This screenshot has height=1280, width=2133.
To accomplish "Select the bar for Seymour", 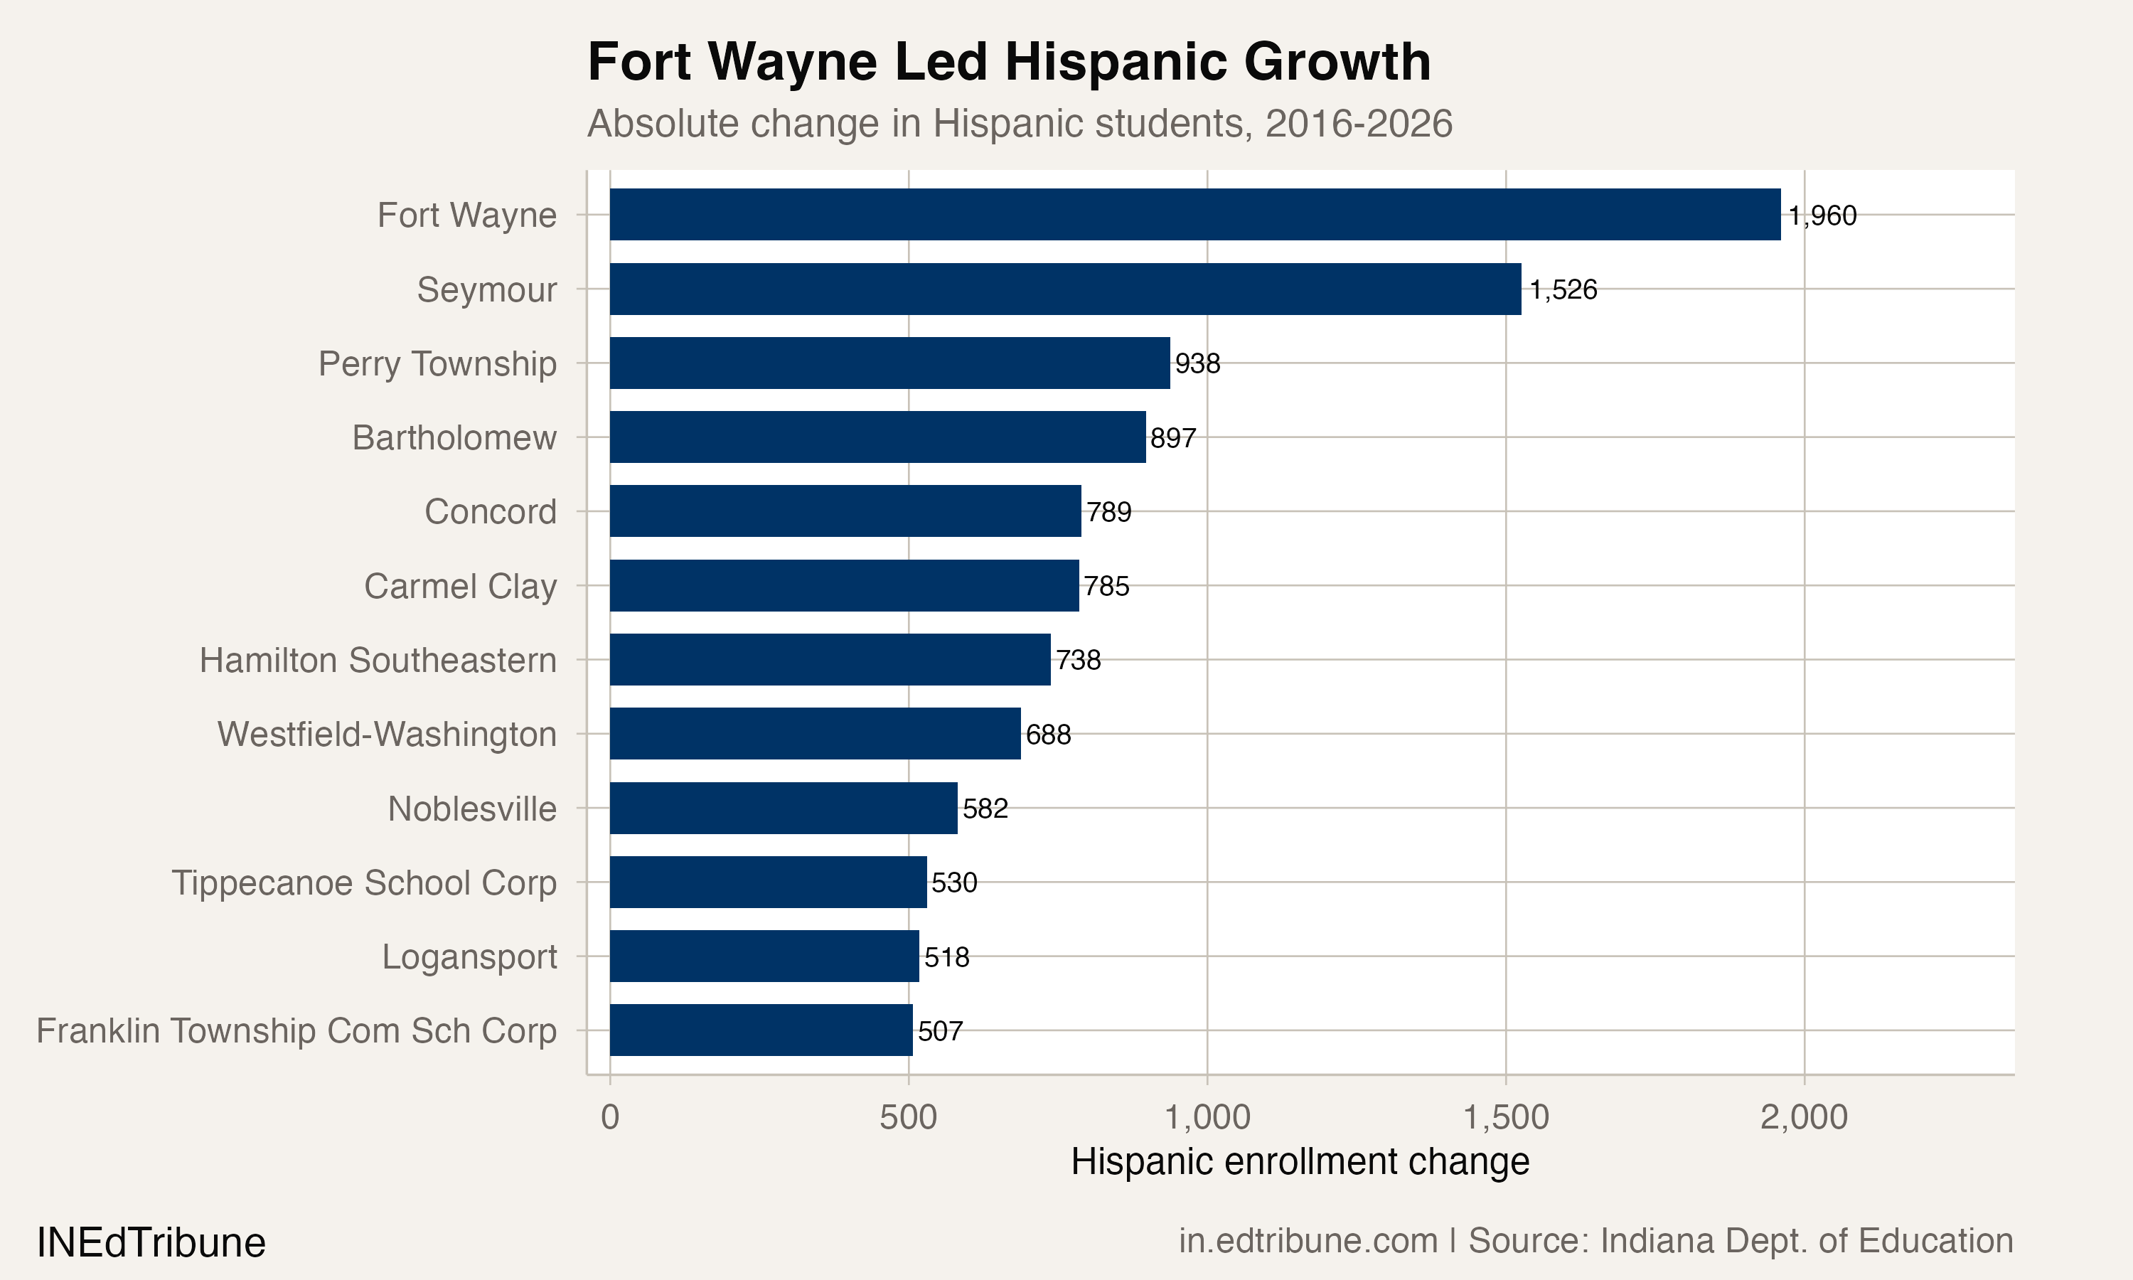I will [x=1065, y=289].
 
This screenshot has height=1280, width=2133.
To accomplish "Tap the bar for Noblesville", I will [x=783, y=809].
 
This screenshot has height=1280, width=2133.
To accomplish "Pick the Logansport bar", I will [x=764, y=956].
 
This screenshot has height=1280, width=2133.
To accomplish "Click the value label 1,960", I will [x=1822, y=215].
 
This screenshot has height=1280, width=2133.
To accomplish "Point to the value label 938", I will [x=1197, y=364].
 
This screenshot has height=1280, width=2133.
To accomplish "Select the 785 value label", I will [x=1106, y=587].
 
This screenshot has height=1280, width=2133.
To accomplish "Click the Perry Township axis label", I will [x=437, y=364].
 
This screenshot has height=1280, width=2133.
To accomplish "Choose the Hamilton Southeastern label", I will [x=378, y=661].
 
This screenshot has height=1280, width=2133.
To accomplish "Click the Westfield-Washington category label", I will [x=387, y=735].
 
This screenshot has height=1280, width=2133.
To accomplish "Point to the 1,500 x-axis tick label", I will [x=1505, y=1118].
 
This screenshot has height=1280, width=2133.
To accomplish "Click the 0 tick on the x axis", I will [x=609, y=1118].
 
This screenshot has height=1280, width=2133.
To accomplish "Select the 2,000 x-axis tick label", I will [x=1804, y=1118].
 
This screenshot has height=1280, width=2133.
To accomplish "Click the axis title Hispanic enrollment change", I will [x=1299, y=1162].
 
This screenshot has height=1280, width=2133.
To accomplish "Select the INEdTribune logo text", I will [x=151, y=1243].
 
